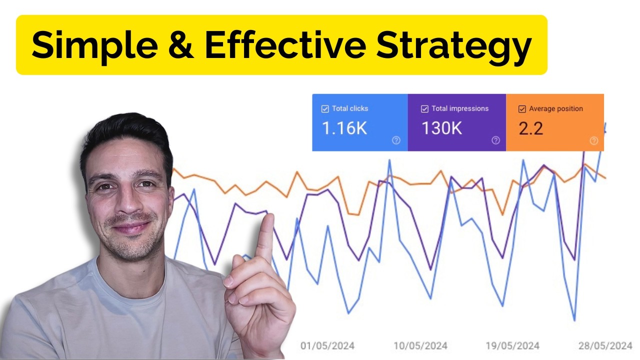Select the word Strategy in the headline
(x=453, y=45)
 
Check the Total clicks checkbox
(x=325, y=108)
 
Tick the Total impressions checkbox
(x=424, y=108)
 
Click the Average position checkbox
(x=522, y=109)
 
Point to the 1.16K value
(x=344, y=128)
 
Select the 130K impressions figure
(x=441, y=128)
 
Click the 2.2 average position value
(x=530, y=128)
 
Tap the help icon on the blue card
(x=396, y=140)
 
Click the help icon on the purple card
(x=495, y=140)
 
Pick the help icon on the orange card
(x=593, y=141)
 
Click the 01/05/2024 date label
(x=327, y=346)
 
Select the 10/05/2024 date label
(x=420, y=346)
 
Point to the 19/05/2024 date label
(x=512, y=346)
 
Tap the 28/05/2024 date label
(x=605, y=346)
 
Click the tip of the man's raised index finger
(x=268, y=218)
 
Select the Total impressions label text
(x=460, y=108)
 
